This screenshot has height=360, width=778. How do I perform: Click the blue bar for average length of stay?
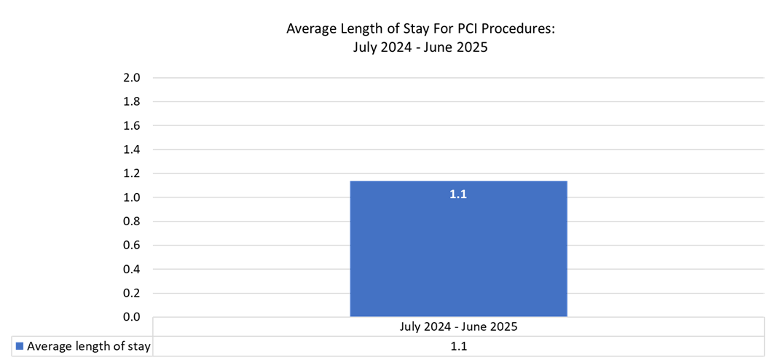pyautogui.click(x=458, y=255)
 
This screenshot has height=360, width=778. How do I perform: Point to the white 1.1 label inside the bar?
pyautogui.click(x=458, y=195)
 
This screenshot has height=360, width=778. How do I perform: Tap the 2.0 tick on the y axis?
pyautogui.click(x=132, y=78)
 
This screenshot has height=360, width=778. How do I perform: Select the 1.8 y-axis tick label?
pyautogui.click(x=132, y=102)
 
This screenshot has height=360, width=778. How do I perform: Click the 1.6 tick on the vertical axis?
pyautogui.click(x=132, y=126)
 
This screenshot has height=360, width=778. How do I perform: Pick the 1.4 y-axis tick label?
pyautogui.click(x=132, y=150)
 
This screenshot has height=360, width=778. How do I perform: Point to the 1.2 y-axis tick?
pyautogui.click(x=132, y=174)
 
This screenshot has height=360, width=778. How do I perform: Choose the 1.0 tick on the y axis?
pyautogui.click(x=132, y=197)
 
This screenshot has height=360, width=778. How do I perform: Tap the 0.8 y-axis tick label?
pyautogui.click(x=132, y=222)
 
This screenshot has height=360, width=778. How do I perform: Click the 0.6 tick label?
pyautogui.click(x=132, y=246)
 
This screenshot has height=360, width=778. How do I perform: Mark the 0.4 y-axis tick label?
pyautogui.click(x=132, y=270)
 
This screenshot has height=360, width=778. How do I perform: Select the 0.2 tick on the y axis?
pyautogui.click(x=132, y=294)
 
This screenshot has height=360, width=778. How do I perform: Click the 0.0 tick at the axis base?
pyautogui.click(x=132, y=317)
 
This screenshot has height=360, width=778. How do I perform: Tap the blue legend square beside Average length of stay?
pyautogui.click(x=19, y=346)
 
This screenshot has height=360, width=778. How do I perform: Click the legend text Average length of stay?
pyautogui.click(x=88, y=346)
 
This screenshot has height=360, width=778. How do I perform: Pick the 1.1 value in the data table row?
pyautogui.click(x=458, y=346)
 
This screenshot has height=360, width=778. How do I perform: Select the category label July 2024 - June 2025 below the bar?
pyautogui.click(x=458, y=326)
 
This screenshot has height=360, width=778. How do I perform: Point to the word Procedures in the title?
pyautogui.click(x=512, y=29)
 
